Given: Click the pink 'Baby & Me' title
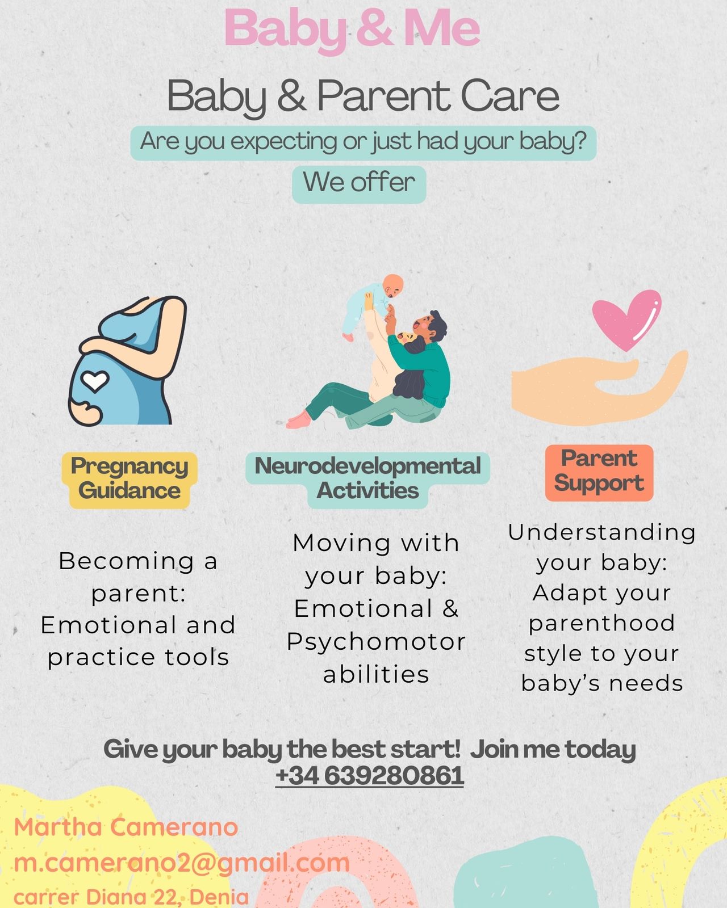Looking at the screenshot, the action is pos(352,30).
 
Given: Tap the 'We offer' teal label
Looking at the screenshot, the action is pos(359,184).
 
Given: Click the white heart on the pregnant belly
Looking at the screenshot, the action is pos(95,381).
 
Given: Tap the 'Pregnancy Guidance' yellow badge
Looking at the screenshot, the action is pos(129,480).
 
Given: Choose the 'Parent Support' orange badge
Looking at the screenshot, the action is pos(599,473).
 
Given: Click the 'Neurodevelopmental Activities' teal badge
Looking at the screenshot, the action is pos(367,480).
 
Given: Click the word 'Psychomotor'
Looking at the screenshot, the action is pos(376,642).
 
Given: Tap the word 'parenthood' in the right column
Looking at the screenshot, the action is pos(601,623).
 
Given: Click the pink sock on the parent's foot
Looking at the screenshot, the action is pos(298,421).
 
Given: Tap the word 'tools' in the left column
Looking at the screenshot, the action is pos(197,657).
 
